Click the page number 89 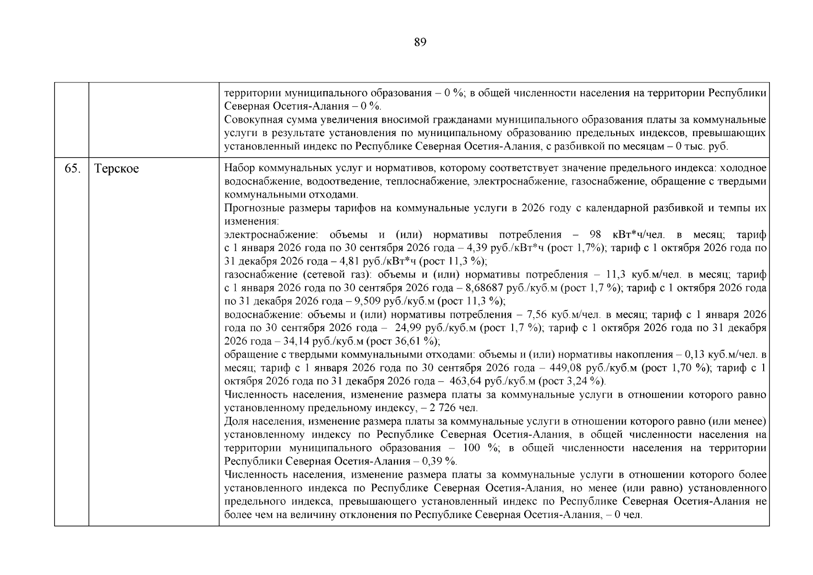coord(420,43)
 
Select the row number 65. coord(72,169)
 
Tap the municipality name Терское coord(116,169)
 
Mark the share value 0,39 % coord(438,461)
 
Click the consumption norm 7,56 coord(537,315)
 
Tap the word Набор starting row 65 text coord(239,168)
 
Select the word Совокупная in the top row coord(252,120)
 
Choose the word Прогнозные coord(254,208)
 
